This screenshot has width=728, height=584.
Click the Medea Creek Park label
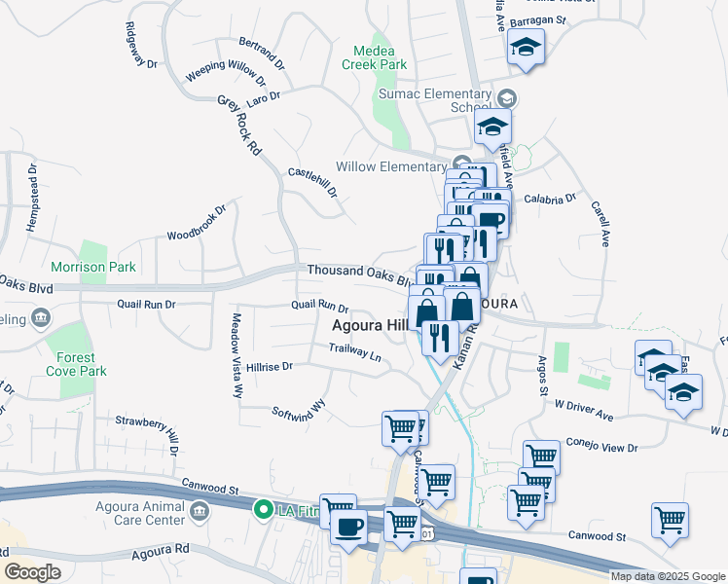pos(374,56)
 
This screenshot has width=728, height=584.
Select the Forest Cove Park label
pos(76,363)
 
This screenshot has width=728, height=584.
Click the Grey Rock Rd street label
pos(239,126)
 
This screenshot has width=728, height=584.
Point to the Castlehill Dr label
pos(312,182)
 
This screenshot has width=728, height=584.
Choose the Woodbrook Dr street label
pos(197,222)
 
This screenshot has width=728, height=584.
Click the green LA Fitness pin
pos(262,509)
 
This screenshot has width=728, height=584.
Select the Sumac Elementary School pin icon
pos(506,98)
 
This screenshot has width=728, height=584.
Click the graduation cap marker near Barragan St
pos(526,48)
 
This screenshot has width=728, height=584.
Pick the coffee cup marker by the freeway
pos(348,527)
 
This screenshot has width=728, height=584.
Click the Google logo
pos(32,572)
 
